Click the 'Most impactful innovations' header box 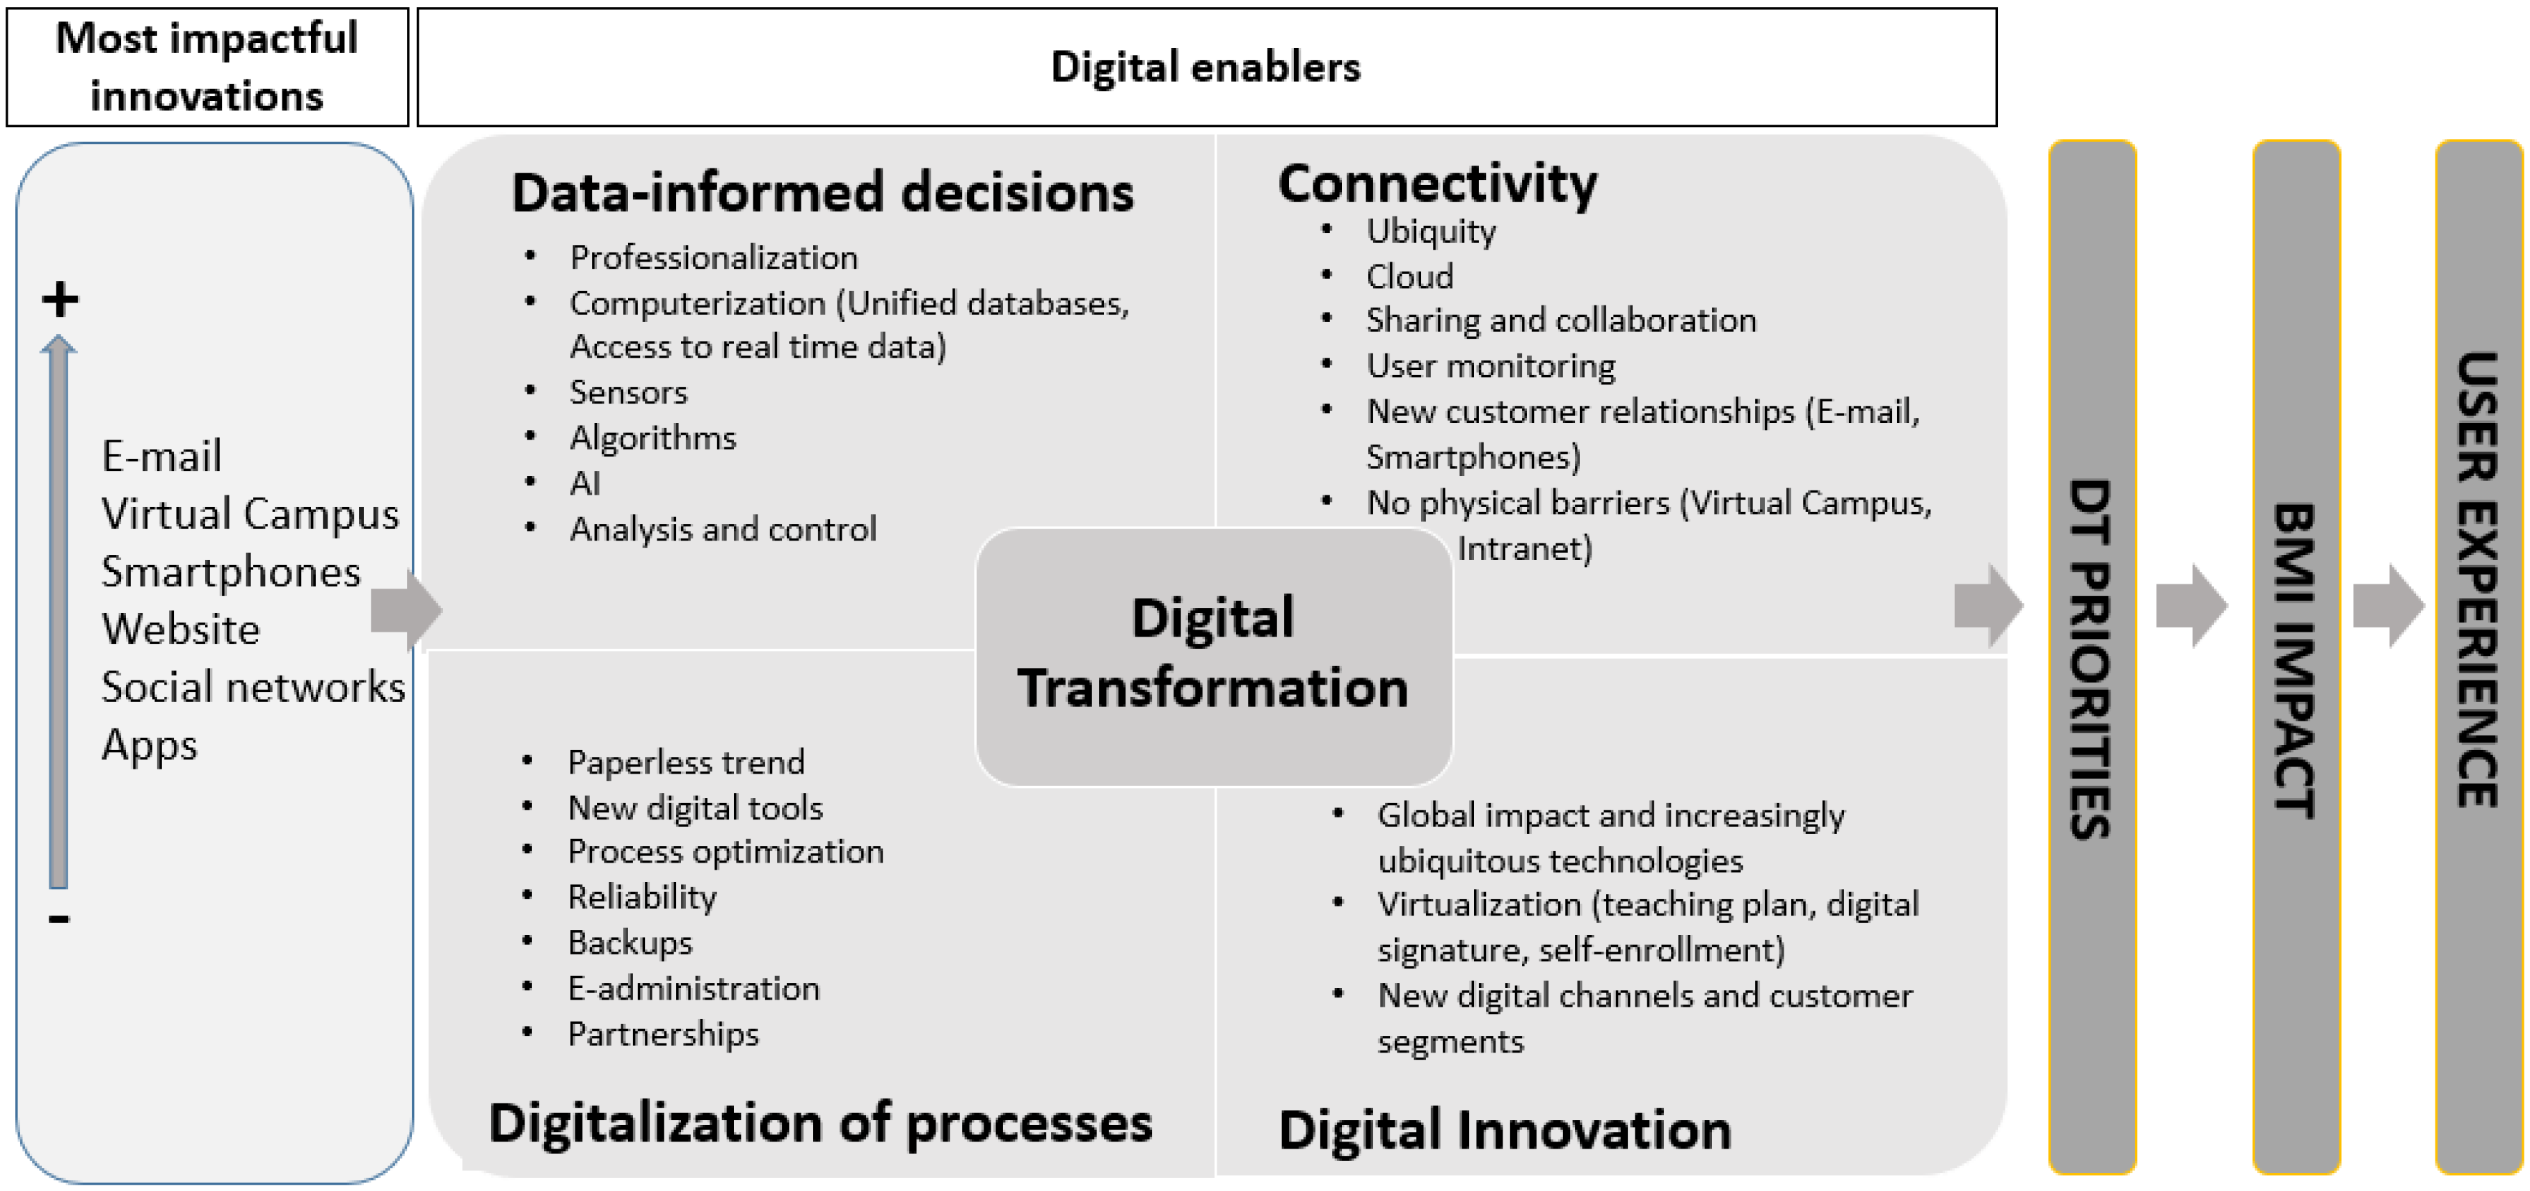207,67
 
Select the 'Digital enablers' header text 1206,67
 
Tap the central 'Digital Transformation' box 1213,656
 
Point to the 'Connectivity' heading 1438,183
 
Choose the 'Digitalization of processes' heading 820,1122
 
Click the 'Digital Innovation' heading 1505,1129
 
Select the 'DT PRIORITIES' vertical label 2091,658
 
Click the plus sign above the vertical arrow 60,299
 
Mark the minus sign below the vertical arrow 59,919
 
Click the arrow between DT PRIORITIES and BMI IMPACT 2191,605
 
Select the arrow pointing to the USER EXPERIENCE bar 2389,605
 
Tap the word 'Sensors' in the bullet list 629,392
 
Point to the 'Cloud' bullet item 1409,276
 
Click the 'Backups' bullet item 630,943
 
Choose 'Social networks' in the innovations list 253,687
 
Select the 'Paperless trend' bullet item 685,762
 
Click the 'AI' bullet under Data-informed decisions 584,483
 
